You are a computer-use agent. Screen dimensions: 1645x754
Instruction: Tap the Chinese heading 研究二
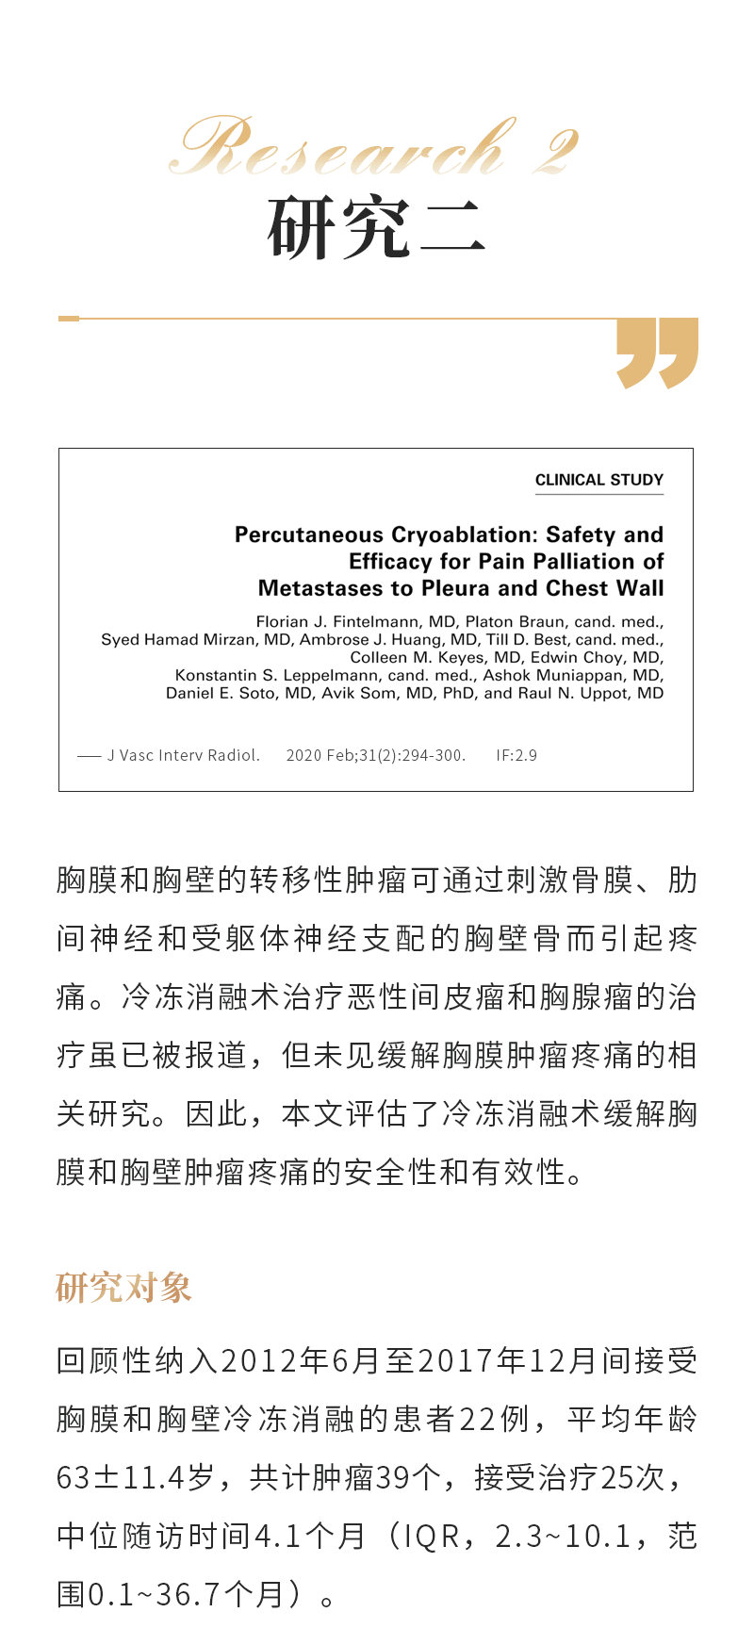click(x=376, y=227)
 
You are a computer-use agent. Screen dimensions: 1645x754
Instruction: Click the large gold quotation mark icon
click(x=657, y=353)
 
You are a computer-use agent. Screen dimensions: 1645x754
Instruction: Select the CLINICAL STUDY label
click(x=599, y=480)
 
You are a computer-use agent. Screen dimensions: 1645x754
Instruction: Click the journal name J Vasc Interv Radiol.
click(x=183, y=755)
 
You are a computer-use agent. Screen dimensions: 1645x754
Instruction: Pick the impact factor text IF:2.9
click(x=516, y=755)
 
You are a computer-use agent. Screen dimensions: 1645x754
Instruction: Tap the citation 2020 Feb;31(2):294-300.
click(x=375, y=755)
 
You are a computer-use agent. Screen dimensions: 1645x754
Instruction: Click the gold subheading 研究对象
click(x=123, y=1287)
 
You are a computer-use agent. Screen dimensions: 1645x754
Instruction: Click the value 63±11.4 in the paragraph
click(x=120, y=1477)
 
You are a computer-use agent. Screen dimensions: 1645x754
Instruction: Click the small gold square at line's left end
click(x=69, y=319)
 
